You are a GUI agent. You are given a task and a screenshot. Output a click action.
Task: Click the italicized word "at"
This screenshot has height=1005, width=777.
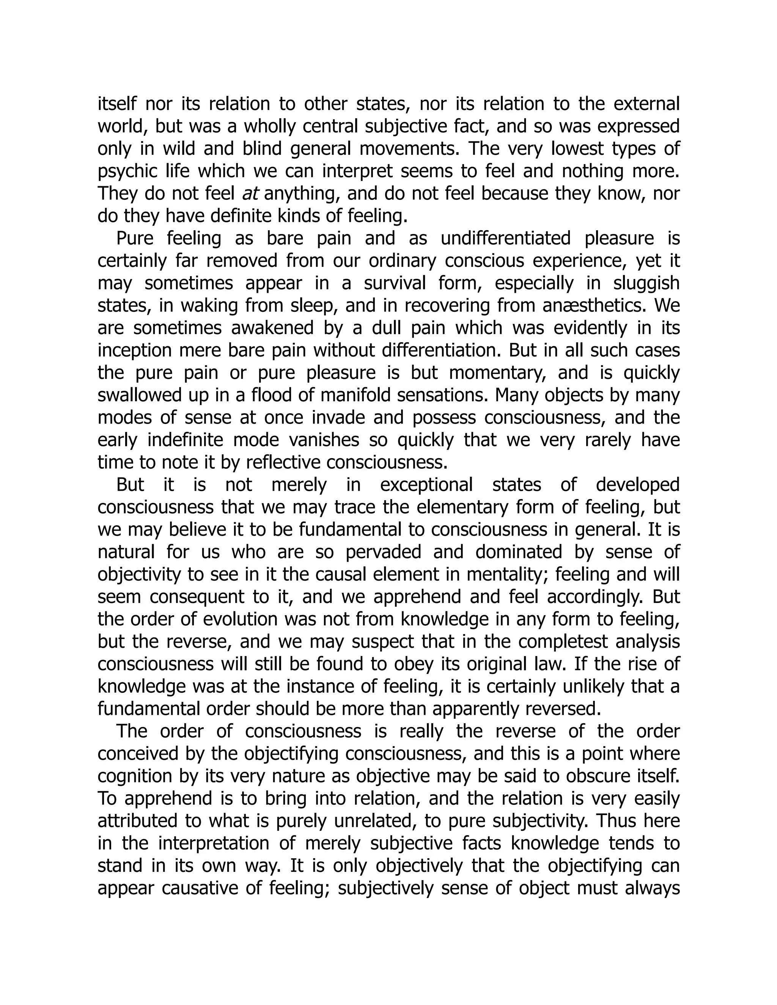250,194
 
